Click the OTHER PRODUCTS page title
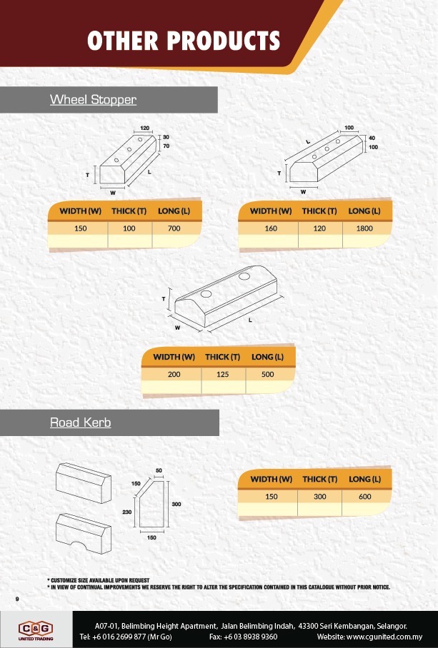pos(183,41)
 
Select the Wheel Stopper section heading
pos(93,100)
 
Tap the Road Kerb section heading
pos(80,422)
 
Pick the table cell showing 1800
pos(366,229)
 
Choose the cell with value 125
pos(223,375)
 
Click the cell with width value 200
pos(174,375)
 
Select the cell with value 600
pos(365,497)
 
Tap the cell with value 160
pos(271,229)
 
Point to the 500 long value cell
pos(268,375)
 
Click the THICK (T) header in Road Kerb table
pos(319,479)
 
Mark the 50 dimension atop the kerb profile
pos(158,470)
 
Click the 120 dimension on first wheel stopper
pos(145,128)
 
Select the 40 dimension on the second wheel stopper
pos(372,138)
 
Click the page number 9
pos(16,597)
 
